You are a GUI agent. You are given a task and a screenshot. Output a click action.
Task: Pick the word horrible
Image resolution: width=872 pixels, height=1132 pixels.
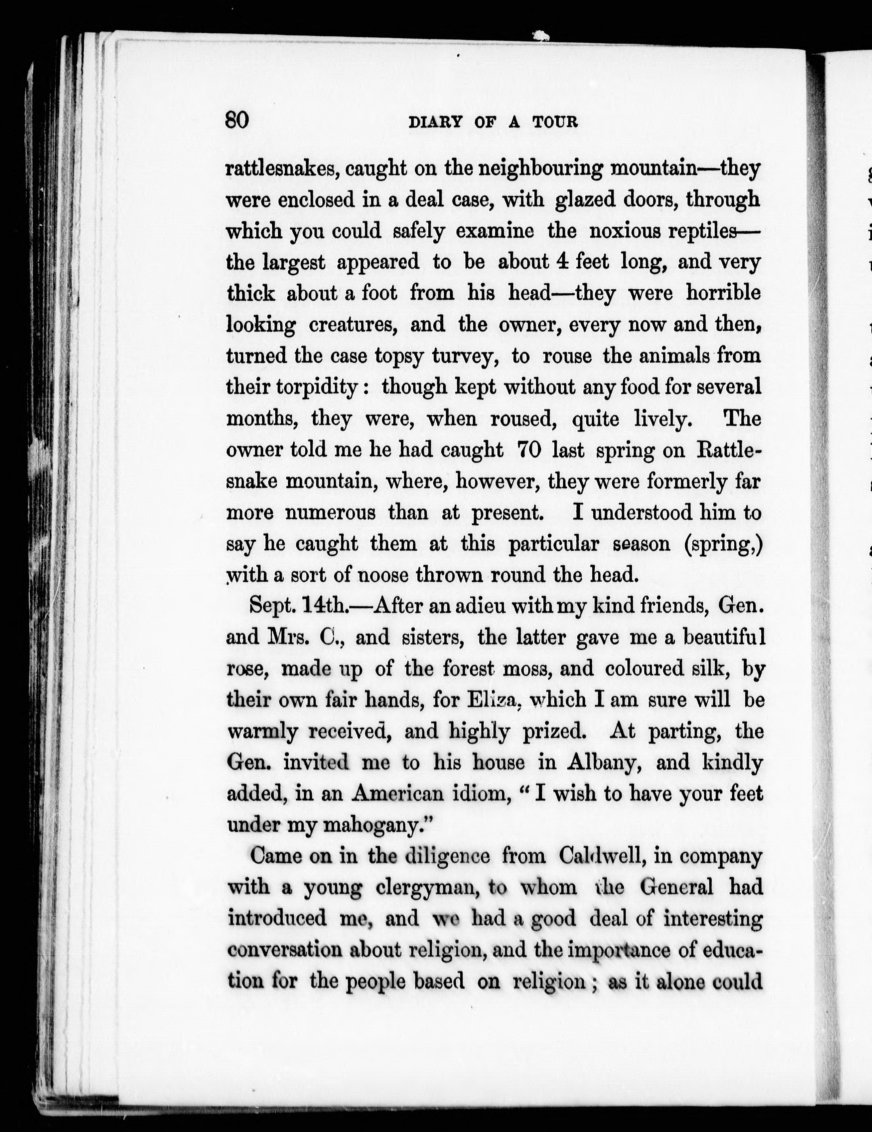click(723, 293)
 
